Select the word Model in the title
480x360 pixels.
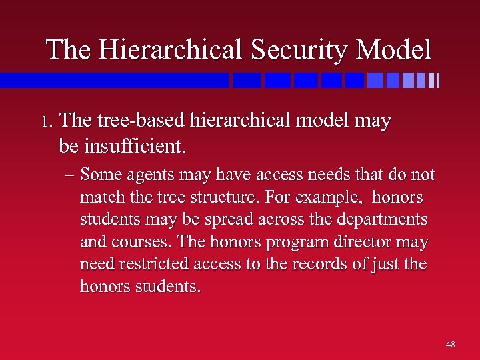pyautogui.click(x=394, y=49)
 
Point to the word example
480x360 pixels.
pyautogui.click(x=331, y=198)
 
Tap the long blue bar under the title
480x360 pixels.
pyautogui.click(x=114, y=80)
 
